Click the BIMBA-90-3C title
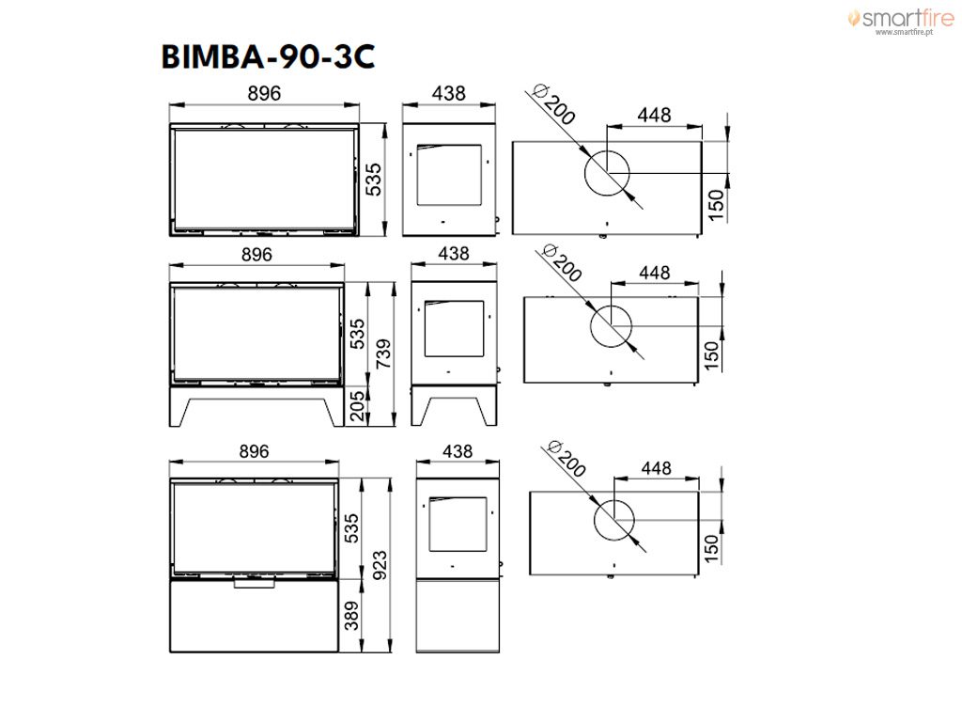(x=268, y=56)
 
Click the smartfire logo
(x=901, y=18)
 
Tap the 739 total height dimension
(x=383, y=353)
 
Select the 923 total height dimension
(x=380, y=565)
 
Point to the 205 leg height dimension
(x=357, y=406)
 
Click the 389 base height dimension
(x=351, y=616)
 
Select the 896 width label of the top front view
(x=264, y=93)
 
